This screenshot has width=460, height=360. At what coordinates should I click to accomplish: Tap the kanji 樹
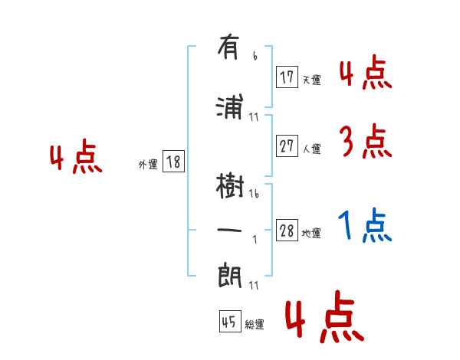(229, 185)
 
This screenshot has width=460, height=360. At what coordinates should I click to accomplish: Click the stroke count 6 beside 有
(255, 56)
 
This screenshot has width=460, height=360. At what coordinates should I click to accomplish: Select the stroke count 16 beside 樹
(255, 195)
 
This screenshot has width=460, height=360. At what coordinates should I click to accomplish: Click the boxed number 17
(287, 77)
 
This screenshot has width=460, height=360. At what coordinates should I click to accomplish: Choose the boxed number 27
(287, 147)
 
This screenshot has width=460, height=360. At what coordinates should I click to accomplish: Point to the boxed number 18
(173, 162)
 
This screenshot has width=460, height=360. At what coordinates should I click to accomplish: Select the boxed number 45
(228, 322)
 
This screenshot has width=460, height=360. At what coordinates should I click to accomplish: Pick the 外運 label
(147, 164)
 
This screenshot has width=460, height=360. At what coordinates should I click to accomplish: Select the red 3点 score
(364, 142)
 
